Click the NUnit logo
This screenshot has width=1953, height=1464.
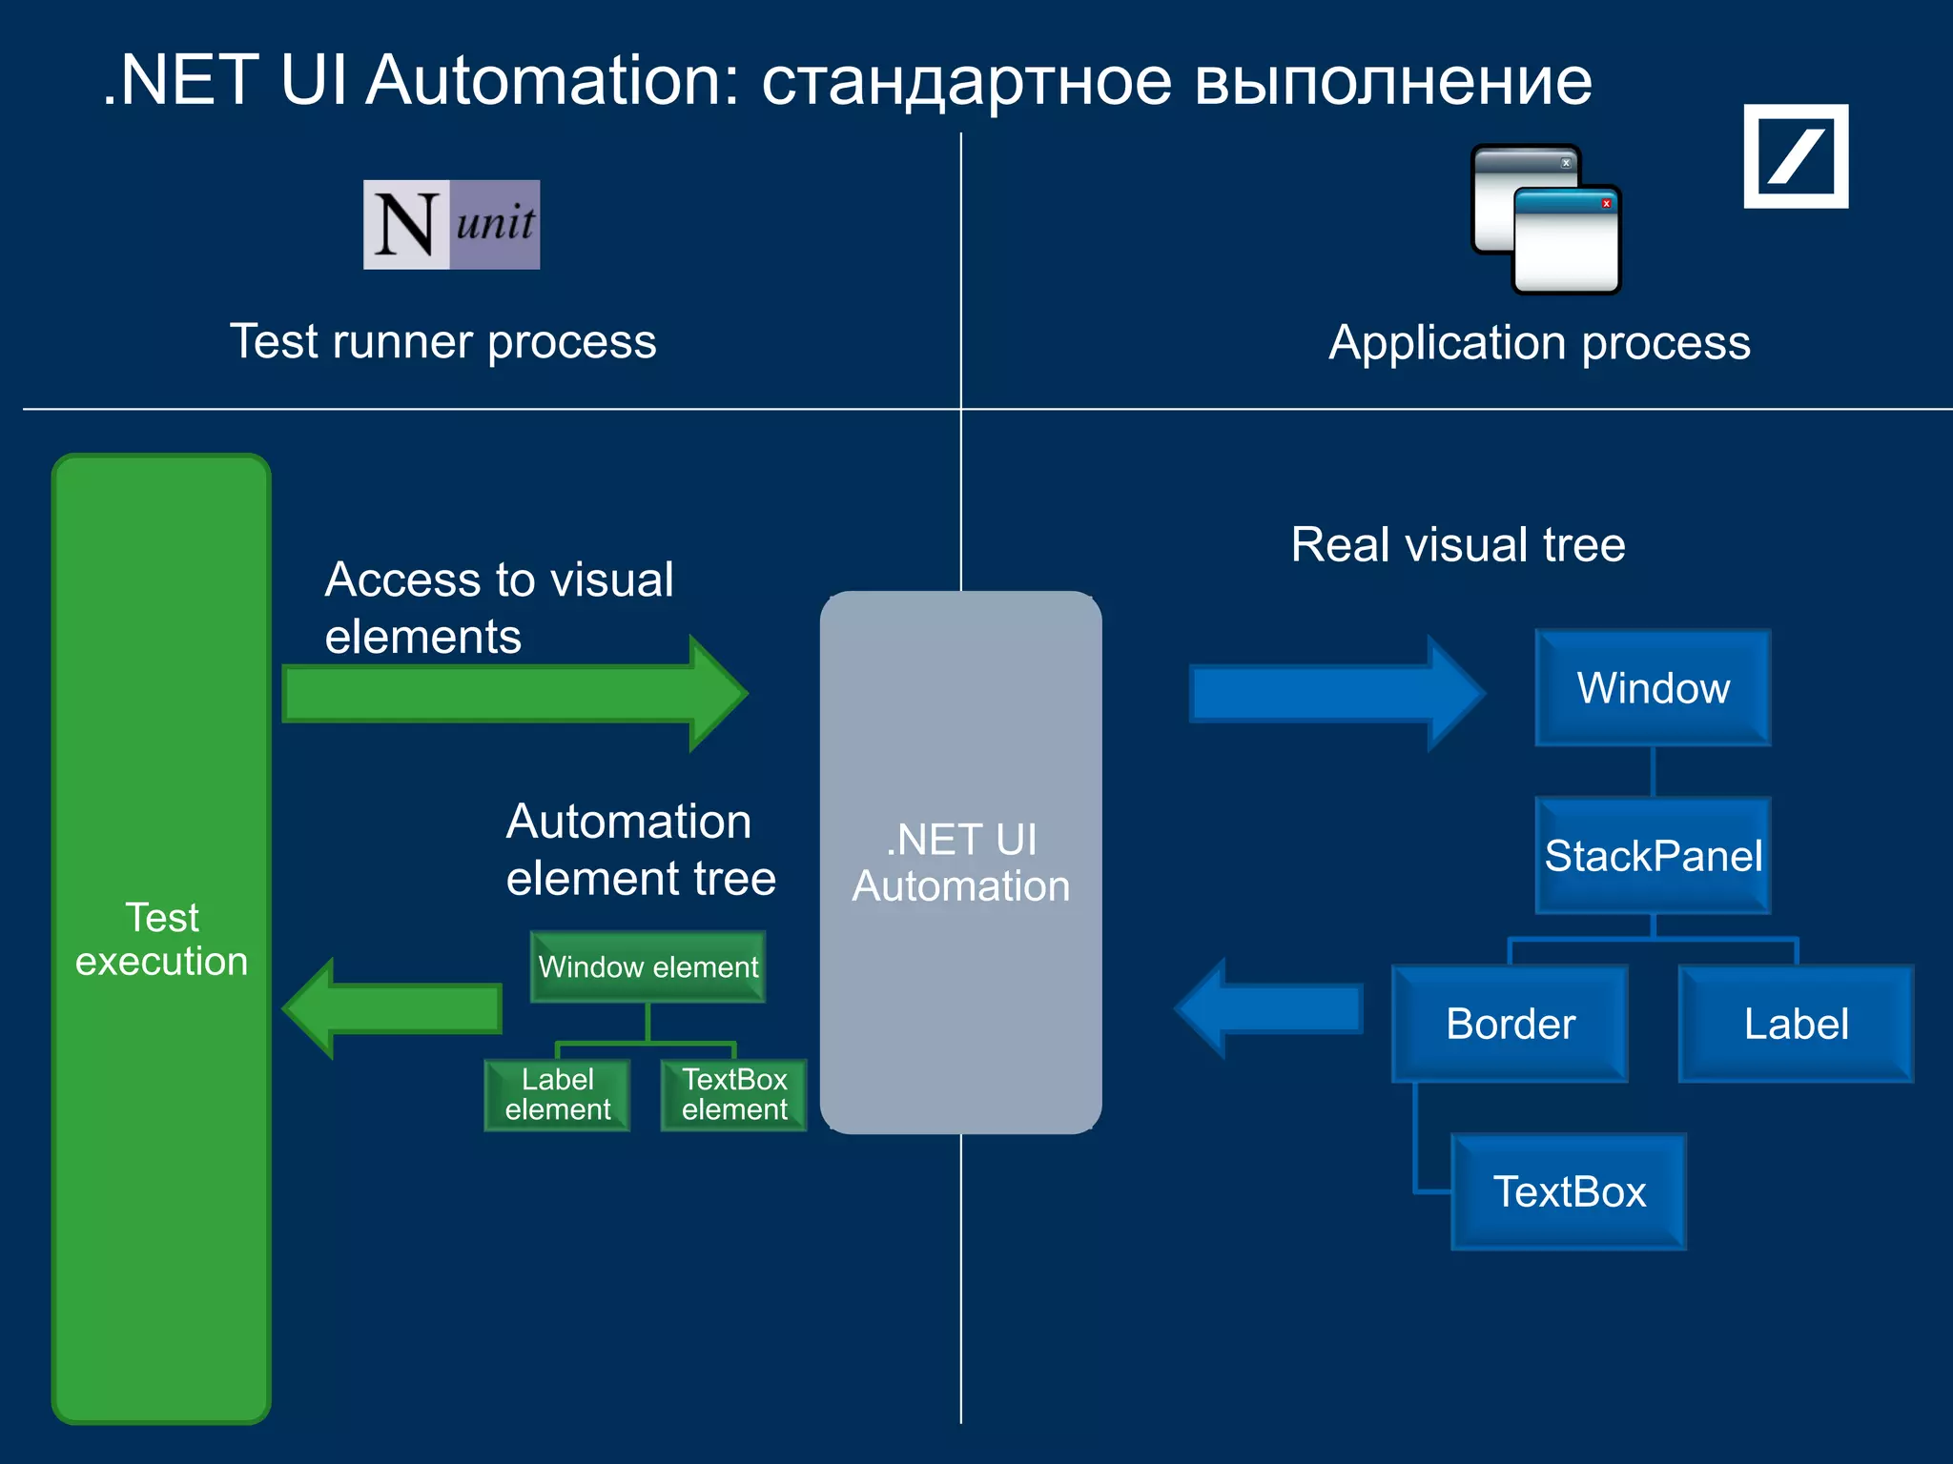click(451, 225)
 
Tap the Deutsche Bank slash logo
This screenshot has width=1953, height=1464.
click(1796, 156)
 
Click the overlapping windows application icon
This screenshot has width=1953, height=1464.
click(1545, 219)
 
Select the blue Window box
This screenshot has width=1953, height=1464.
click(1653, 687)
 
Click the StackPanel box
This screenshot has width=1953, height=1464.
click(1653, 855)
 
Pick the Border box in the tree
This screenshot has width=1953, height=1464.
click(1510, 1024)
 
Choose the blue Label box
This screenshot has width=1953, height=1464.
click(1796, 1024)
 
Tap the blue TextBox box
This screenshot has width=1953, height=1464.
click(1569, 1191)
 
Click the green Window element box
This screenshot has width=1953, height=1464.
click(648, 966)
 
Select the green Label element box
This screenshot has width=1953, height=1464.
click(557, 1094)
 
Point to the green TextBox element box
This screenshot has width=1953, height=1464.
click(733, 1094)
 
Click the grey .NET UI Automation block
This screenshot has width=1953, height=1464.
click(960, 862)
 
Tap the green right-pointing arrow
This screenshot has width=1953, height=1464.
click(515, 694)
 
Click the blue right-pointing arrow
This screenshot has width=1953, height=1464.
click(1335, 693)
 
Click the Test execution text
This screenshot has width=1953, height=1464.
click(161, 939)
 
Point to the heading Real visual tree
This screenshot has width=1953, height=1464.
click(1457, 545)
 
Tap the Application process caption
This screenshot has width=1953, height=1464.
click(1539, 342)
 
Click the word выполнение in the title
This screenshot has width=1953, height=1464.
click(1392, 81)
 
